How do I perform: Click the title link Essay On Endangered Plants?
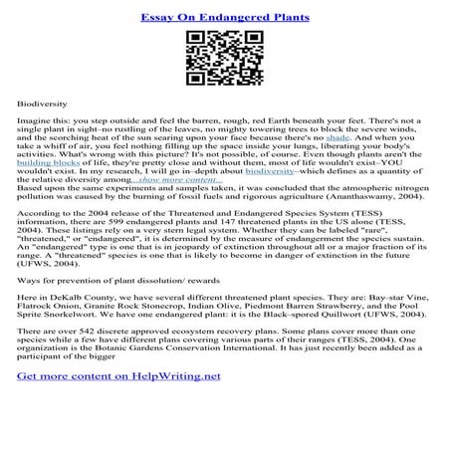pyautogui.click(x=225, y=17)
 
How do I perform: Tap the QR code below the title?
pyautogui.click(x=225, y=58)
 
